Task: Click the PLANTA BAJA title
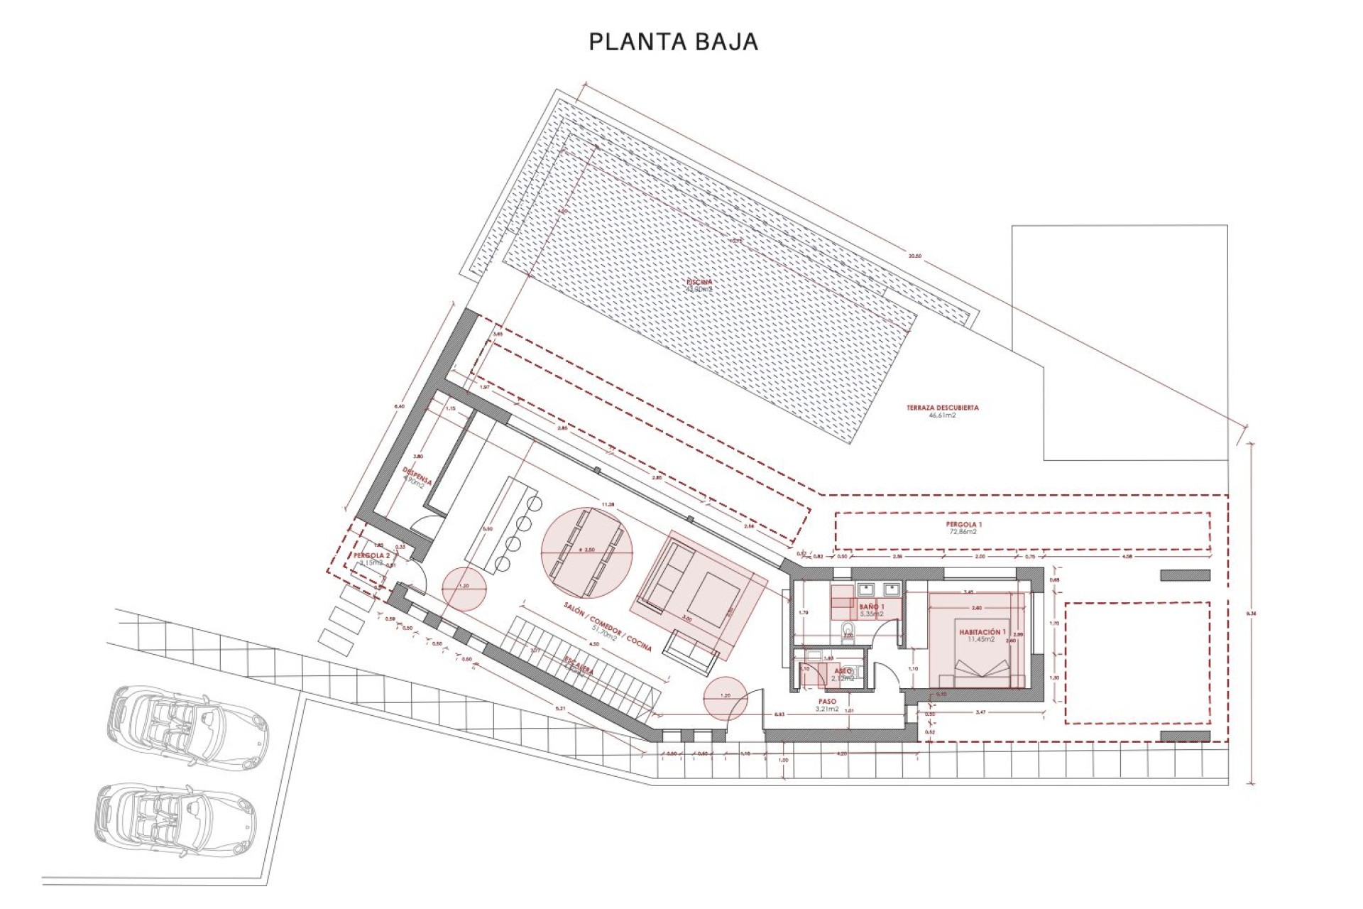point(673,42)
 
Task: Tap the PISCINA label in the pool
point(699,282)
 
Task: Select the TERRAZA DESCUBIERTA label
point(942,408)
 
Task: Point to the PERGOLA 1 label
point(963,524)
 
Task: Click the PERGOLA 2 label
point(371,555)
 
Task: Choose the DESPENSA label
point(417,476)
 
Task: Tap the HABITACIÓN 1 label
point(982,631)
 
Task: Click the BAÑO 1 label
point(872,606)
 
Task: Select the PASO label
point(827,701)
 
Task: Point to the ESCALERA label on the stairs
point(579,665)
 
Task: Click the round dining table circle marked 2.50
point(586,553)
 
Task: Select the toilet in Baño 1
point(847,631)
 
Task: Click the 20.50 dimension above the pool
point(915,256)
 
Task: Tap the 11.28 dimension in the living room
point(608,504)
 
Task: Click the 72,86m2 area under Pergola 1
point(963,532)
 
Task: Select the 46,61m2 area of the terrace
point(942,415)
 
